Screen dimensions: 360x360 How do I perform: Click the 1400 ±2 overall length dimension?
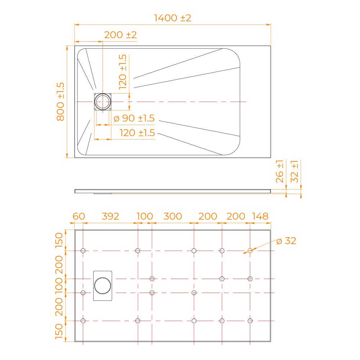pos(172,18)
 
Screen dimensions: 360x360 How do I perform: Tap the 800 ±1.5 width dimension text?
pos(60,102)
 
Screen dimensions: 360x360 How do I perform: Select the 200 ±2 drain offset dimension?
pos(120,35)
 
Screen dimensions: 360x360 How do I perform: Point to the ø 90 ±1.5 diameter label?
pos(134,118)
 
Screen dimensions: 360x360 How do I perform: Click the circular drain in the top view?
pos(103,102)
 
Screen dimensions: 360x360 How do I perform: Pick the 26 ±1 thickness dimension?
pos(279,171)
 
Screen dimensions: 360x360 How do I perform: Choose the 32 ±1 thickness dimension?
pos(294,171)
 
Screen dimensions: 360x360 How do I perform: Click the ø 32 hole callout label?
pos(286,241)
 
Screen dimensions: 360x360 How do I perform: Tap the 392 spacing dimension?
pos(111,216)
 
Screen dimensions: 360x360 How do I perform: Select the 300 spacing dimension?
pos(173,216)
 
